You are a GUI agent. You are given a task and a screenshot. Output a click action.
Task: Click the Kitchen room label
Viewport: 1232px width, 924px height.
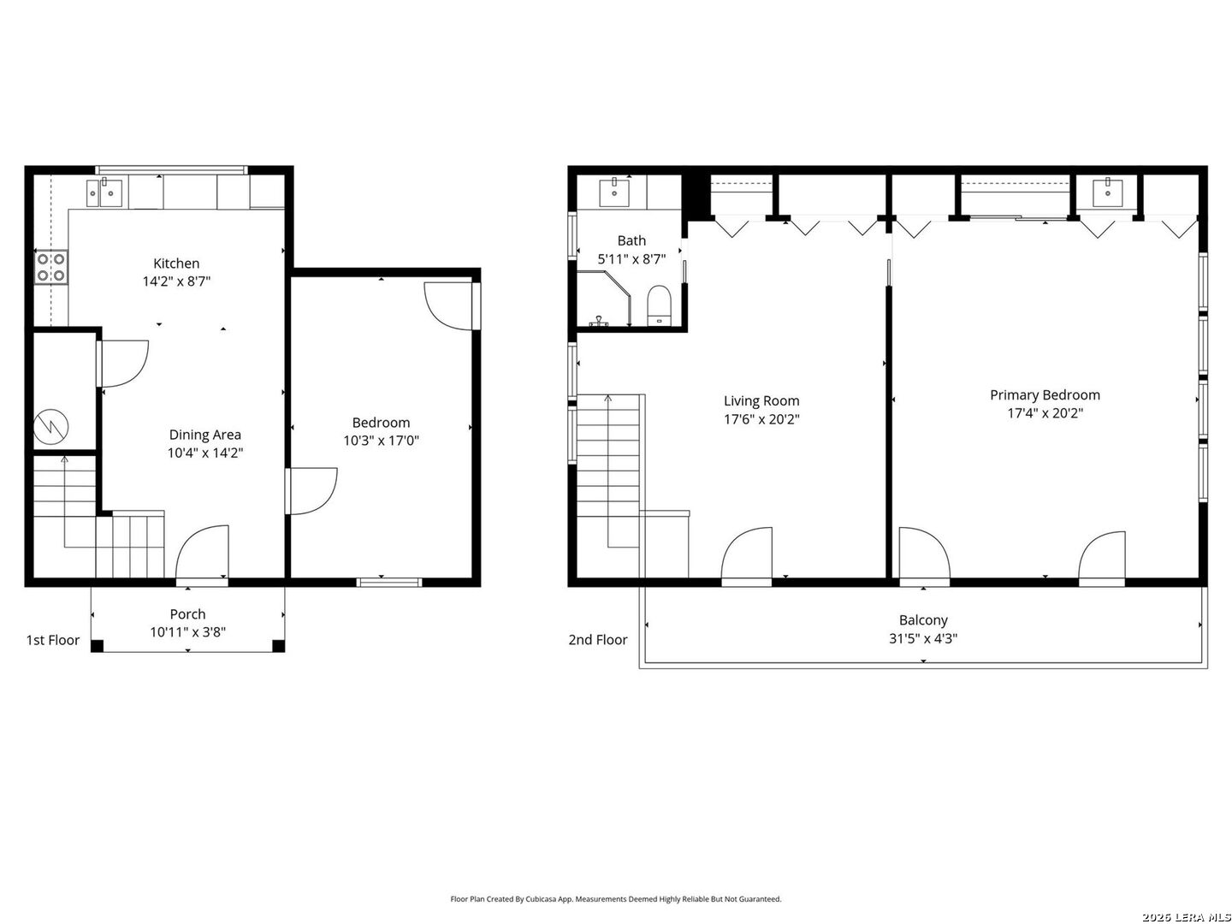(x=176, y=264)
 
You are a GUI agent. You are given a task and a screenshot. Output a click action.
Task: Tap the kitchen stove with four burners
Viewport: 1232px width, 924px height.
(x=51, y=267)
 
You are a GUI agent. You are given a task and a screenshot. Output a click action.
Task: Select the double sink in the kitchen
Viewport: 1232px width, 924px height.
(x=104, y=192)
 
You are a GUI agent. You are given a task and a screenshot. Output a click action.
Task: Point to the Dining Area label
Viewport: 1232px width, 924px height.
(x=204, y=435)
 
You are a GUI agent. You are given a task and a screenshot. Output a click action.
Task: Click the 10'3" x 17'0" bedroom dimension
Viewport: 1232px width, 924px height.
(x=381, y=441)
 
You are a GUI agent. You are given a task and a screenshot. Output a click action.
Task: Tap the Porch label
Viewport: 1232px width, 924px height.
(x=187, y=613)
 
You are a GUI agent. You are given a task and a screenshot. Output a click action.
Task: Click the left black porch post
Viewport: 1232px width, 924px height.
(x=97, y=646)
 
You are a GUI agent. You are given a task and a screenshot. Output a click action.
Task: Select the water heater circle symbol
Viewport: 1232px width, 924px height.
(x=51, y=426)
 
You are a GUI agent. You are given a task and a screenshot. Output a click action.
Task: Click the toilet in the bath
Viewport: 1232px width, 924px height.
(x=659, y=305)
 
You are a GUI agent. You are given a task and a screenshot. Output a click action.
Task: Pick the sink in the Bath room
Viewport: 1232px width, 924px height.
(x=614, y=192)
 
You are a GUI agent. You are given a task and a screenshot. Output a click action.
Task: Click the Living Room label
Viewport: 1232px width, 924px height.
(x=761, y=400)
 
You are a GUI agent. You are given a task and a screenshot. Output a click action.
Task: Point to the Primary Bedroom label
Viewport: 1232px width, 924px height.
(x=1045, y=395)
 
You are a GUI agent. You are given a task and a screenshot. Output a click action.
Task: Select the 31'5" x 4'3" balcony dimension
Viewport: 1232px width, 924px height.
(x=923, y=638)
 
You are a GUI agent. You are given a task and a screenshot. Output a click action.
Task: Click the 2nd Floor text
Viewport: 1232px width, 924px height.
(x=598, y=640)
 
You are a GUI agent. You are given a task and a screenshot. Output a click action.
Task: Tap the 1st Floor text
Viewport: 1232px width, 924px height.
(x=53, y=640)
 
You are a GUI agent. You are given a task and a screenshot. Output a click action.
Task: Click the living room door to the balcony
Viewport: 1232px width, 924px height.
(x=747, y=555)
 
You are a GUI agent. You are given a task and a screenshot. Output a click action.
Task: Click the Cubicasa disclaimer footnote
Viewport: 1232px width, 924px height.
(x=616, y=898)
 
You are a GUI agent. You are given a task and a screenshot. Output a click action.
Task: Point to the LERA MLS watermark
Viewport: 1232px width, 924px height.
(x=1186, y=917)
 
